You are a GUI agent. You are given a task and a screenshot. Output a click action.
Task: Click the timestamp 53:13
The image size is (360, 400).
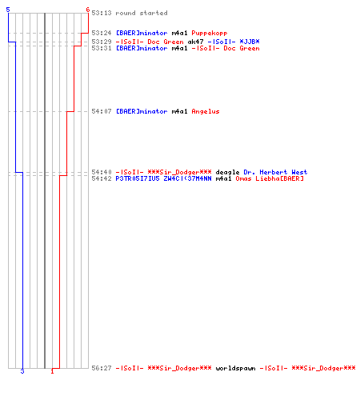102,13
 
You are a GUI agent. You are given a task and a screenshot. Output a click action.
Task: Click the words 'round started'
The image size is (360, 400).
142,13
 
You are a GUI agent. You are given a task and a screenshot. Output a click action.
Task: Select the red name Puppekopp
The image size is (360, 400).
210,34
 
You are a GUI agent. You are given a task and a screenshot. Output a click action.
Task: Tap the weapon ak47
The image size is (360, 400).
195,42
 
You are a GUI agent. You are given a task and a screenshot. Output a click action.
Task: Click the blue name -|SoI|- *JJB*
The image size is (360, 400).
234,42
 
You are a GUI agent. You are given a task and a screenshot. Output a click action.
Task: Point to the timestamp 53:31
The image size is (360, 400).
102,48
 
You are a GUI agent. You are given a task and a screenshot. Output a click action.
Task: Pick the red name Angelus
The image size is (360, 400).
206,111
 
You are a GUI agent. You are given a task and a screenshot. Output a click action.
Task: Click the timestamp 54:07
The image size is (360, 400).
102,111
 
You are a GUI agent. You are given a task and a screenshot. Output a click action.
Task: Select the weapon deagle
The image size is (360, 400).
227,172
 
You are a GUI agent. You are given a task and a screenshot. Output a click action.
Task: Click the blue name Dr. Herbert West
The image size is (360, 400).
275,172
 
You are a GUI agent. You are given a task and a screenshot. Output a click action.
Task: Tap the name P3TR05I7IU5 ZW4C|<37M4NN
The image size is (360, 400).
163,178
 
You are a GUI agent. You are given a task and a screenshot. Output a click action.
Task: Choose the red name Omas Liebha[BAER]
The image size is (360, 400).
270,178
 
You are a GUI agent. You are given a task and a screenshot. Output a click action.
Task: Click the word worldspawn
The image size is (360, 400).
235,368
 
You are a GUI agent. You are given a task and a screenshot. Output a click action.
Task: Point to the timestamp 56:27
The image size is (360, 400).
102,368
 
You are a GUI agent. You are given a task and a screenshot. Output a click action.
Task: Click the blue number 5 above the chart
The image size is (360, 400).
8,10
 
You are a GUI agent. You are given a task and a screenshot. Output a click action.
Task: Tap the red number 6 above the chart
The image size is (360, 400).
88,10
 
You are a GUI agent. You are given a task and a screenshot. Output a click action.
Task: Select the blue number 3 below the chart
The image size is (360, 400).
22,371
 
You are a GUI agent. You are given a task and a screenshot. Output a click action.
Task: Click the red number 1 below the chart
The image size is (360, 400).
52,371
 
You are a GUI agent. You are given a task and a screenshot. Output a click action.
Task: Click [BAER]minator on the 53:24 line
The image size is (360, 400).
142,33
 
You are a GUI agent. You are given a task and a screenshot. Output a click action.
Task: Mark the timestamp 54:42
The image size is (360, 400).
102,178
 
